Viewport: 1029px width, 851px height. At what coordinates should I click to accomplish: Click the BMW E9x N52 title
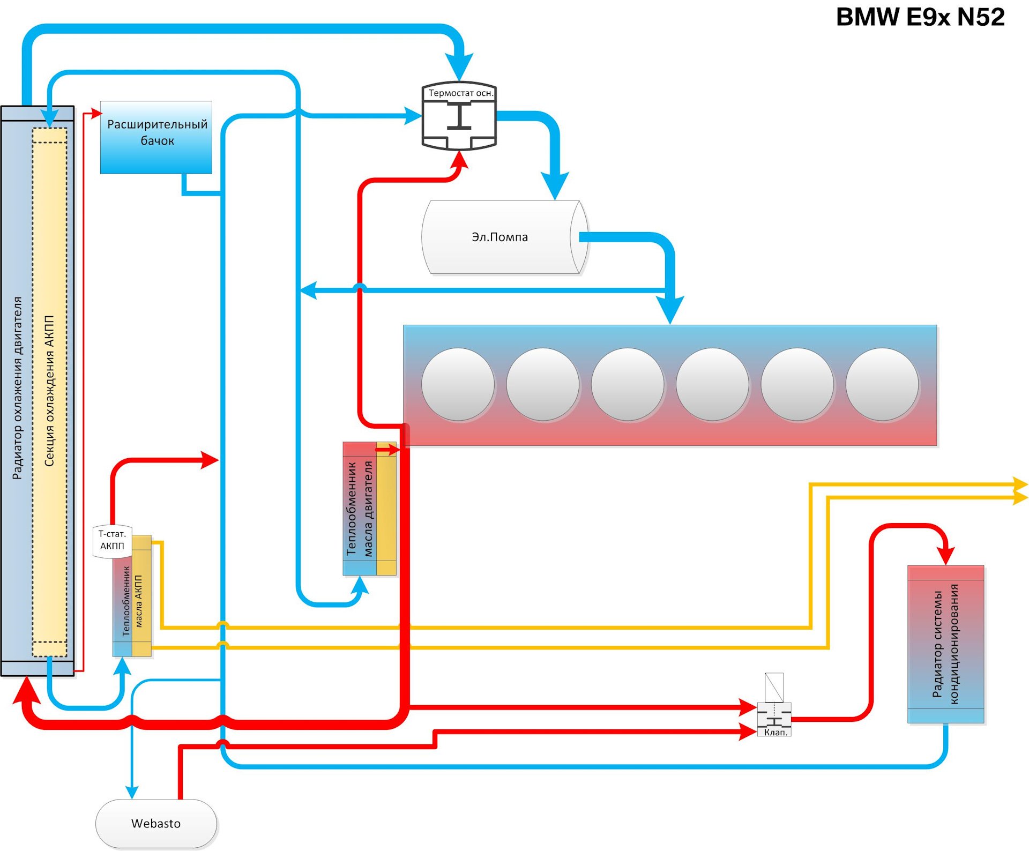[920, 17]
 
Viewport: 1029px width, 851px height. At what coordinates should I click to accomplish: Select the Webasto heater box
[156, 823]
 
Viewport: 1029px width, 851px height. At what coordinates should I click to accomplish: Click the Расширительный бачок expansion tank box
[156, 137]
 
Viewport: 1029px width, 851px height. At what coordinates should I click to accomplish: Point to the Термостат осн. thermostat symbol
[459, 116]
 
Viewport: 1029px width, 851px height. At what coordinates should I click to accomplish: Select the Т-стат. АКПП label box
[112, 540]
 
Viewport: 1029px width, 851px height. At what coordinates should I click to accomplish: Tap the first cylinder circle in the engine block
[458, 384]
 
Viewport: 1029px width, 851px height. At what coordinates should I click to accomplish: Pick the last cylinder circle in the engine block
[882, 384]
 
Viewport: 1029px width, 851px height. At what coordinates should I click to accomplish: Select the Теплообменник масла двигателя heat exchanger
[369, 509]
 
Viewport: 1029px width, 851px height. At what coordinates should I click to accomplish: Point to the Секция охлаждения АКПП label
[49, 391]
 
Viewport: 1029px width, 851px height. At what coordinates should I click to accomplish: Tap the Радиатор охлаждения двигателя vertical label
[17, 388]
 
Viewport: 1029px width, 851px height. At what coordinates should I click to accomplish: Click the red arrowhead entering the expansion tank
[96, 113]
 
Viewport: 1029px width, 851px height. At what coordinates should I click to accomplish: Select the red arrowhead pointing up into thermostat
[459, 159]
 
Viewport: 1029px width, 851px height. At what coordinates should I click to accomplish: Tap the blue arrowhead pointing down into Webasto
[132, 792]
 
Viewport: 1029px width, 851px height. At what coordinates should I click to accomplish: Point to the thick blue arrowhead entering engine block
[670, 311]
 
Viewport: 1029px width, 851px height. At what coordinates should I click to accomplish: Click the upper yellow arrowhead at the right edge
[1019, 484]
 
